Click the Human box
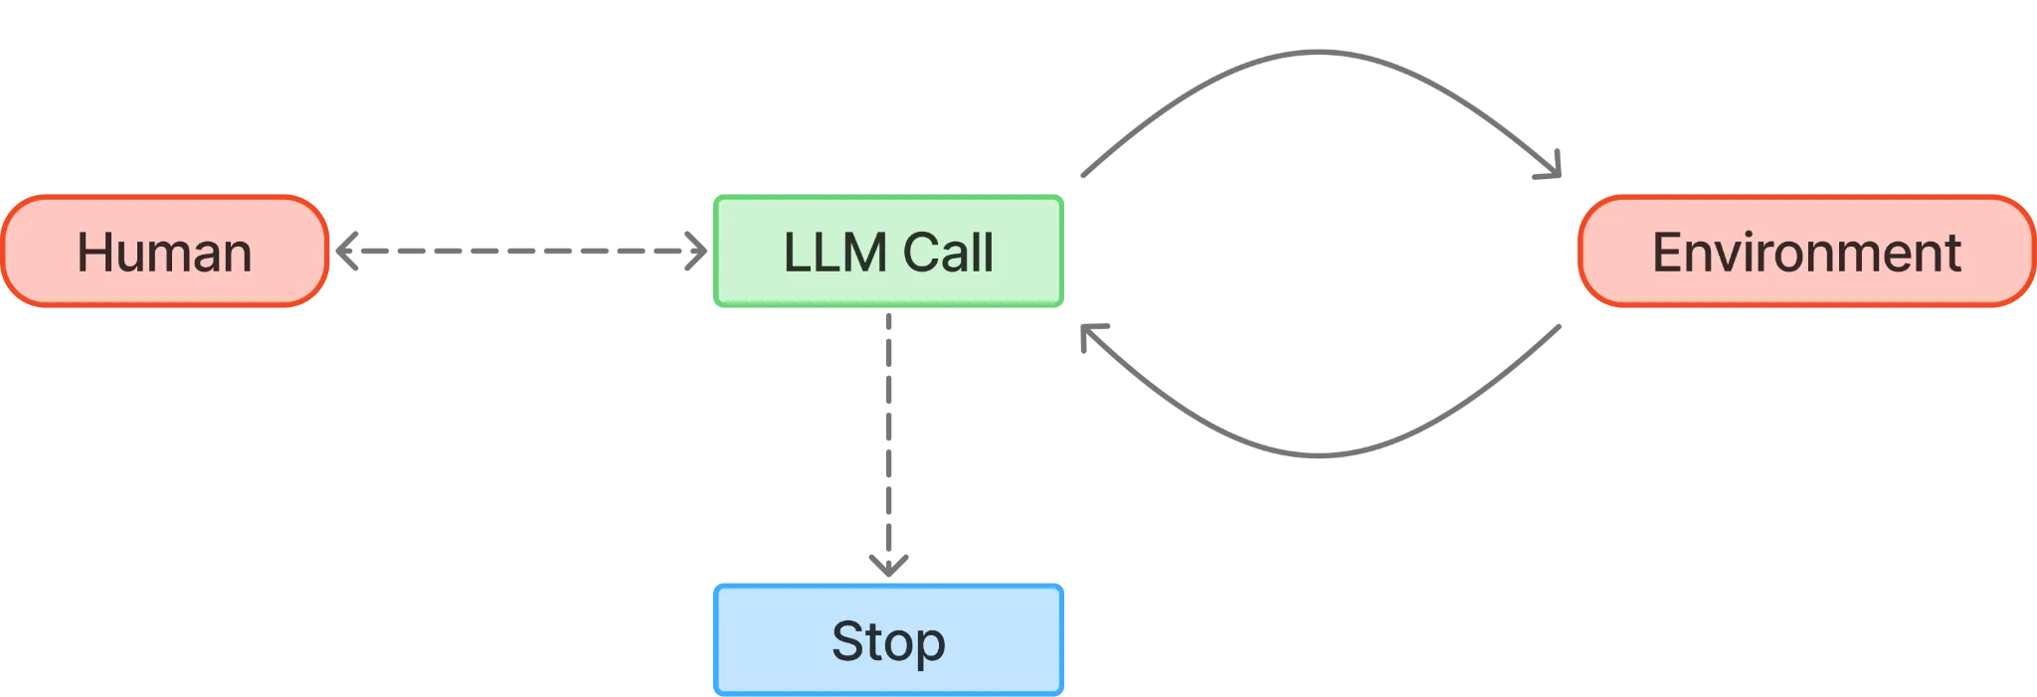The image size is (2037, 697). click(x=164, y=251)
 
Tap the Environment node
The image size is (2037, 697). click(x=1805, y=251)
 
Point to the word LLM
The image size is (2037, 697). click(x=833, y=253)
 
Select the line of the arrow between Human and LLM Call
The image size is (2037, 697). click(x=517, y=250)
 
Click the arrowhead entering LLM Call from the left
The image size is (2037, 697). click(x=697, y=251)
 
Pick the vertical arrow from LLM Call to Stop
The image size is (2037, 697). click(x=890, y=428)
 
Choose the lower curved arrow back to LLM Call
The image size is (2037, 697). click(x=1323, y=453)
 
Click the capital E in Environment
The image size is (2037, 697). click(x=1666, y=253)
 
